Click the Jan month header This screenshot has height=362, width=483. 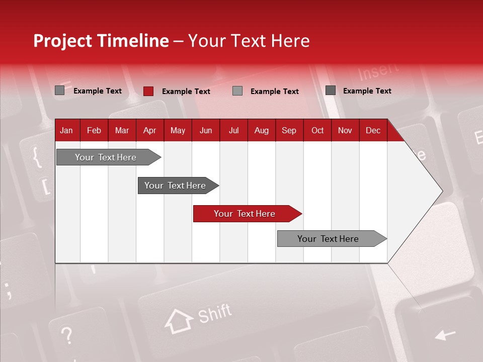pos(66,131)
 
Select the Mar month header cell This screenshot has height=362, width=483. pos(122,131)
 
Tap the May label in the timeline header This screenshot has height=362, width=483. pos(178,131)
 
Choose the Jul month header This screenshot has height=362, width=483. pos(233,131)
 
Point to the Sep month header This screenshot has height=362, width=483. pos(289,131)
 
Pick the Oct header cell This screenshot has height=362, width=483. pos(317,131)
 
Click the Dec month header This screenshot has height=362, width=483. pos(373,131)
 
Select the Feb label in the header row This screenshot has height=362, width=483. pos(94,131)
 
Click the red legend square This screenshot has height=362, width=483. pos(148,91)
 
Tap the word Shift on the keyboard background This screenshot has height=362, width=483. pos(215,314)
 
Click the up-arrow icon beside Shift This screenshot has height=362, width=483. pos(179,321)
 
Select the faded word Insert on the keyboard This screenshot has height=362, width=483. pos(378,72)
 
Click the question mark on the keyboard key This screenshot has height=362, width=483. pos(66,335)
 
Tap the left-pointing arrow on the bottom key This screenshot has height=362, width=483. pos(445,334)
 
